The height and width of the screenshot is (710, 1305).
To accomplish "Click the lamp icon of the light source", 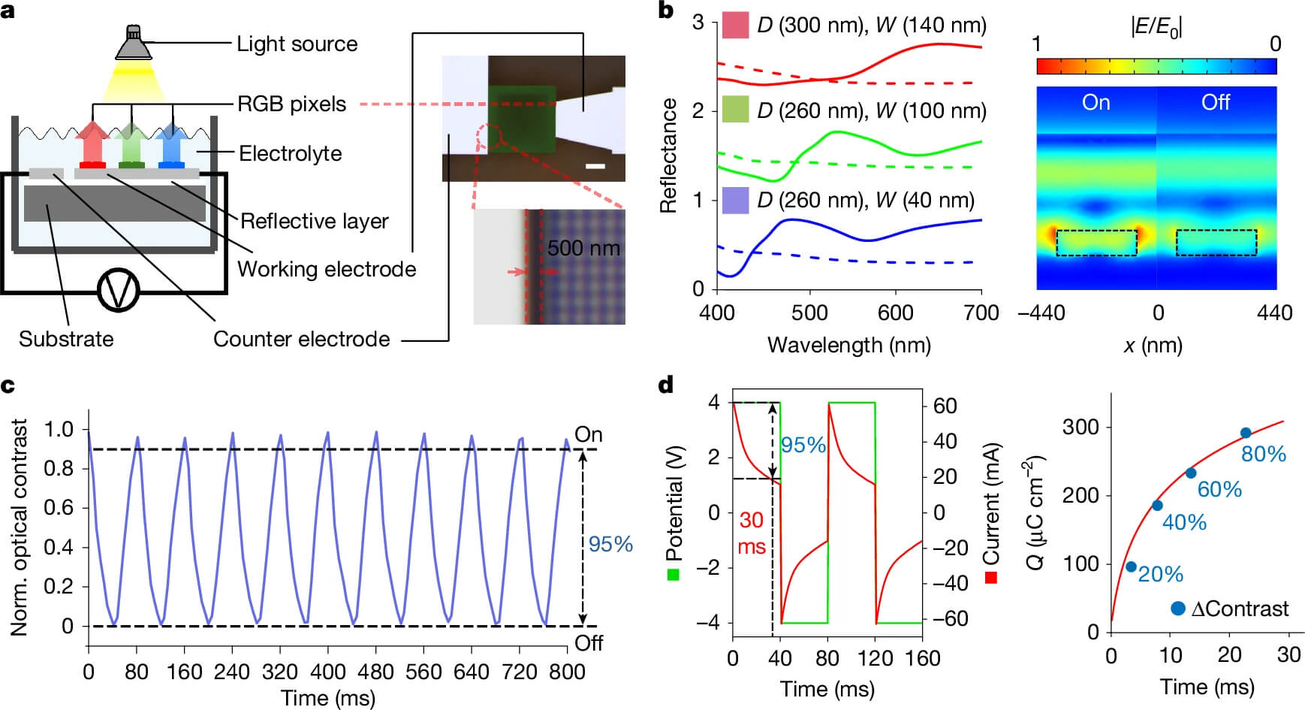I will (133, 44).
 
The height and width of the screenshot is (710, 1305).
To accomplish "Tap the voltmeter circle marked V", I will (119, 290).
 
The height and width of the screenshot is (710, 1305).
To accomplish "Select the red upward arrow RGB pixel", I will (92, 142).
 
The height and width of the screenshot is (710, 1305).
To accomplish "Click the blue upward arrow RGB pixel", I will (172, 142).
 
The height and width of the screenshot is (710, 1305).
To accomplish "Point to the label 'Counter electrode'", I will (301, 339).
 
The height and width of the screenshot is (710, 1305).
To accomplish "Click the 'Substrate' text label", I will (66, 339).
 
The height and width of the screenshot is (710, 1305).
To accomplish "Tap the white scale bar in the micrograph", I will (595, 166).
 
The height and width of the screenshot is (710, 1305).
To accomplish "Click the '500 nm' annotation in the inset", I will (583, 248).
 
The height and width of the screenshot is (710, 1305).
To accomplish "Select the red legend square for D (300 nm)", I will (735, 26).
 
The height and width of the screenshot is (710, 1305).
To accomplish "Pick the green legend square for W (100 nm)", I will (735, 110).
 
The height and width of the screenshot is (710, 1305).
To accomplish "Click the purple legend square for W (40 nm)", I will (735, 200).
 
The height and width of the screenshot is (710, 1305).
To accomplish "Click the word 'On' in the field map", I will (1096, 102).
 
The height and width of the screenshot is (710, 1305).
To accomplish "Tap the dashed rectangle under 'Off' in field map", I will (1216, 242).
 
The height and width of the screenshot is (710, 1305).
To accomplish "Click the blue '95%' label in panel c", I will (610, 544).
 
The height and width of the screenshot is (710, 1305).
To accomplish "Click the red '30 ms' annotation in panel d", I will (752, 533).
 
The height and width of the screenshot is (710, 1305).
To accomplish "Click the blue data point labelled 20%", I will (1132, 566).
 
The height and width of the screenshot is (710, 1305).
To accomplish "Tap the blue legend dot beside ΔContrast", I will (1177, 609).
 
